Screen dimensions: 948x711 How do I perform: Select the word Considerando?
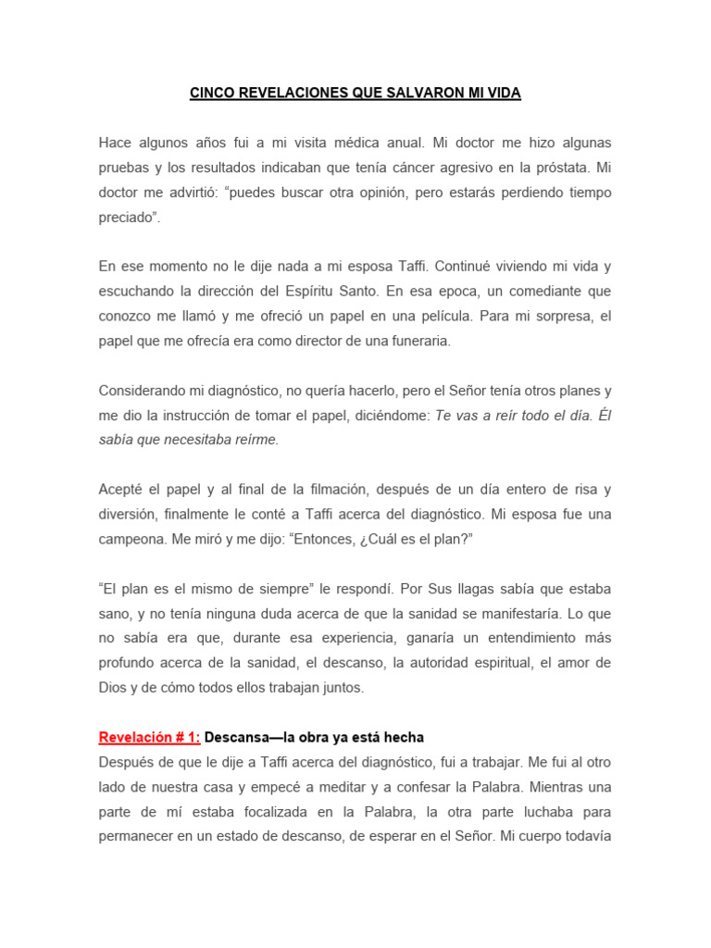(144, 390)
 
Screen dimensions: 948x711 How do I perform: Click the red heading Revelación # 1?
(150, 738)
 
